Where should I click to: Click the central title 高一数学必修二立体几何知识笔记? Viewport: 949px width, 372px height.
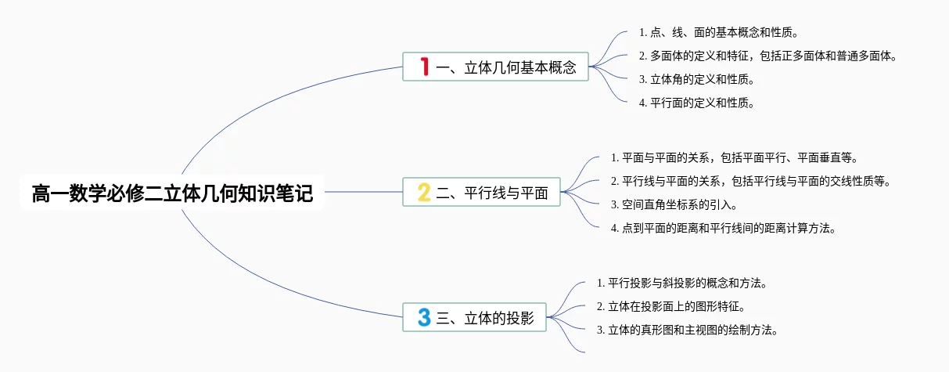click(x=172, y=193)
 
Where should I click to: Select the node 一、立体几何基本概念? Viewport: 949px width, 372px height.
click(x=495, y=67)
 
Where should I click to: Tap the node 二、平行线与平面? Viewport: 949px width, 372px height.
click(x=481, y=192)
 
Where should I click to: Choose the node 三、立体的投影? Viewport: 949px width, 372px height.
click(x=474, y=317)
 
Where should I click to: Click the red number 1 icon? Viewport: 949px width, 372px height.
click(x=425, y=67)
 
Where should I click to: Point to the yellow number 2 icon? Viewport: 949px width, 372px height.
click(x=424, y=192)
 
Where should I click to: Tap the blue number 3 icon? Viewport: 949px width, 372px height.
click(x=424, y=317)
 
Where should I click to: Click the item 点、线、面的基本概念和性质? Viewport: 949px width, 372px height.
click(x=718, y=32)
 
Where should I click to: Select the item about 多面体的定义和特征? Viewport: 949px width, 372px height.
click(x=767, y=56)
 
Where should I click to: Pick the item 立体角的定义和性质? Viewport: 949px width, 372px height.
click(x=696, y=79)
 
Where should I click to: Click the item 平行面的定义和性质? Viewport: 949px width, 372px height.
click(x=696, y=103)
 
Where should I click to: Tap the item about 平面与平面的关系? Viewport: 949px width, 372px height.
click(x=734, y=157)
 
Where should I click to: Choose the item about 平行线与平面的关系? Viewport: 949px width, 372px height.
click(x=750, y=181)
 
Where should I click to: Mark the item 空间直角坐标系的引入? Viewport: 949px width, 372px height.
click(x=674, y=205)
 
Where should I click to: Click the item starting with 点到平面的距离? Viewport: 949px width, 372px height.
click(x=723, y=228)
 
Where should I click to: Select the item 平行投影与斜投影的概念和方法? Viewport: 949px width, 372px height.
click(x=681, y=283)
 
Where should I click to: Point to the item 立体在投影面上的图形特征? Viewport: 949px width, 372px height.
click(x=670, y=306)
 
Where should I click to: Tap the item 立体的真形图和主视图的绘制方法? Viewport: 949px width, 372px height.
click(x=687, y=330)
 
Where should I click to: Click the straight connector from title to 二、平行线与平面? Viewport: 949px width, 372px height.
click(x=364, y=192)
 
